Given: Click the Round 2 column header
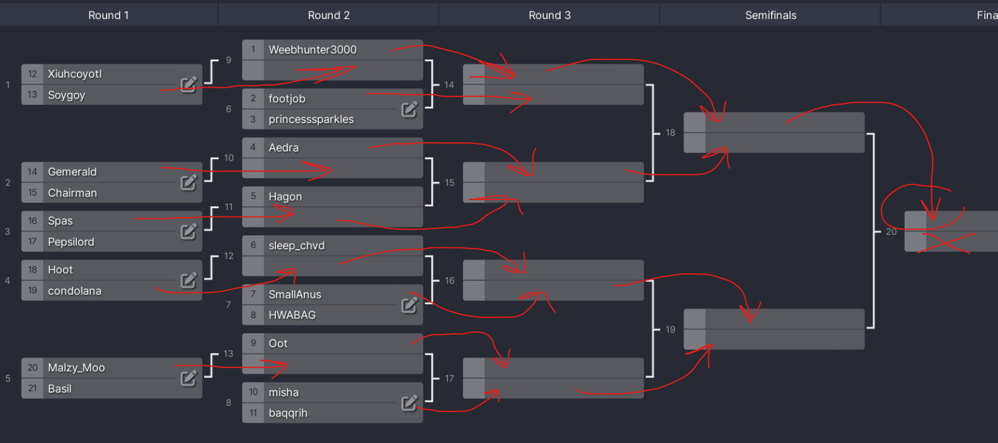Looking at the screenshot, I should [x=328, y=15].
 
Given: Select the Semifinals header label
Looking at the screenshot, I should [x=771, y=15].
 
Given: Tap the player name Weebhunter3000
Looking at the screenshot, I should [x=313, y=50].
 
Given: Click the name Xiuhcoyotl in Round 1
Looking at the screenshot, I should [x=74, y=74].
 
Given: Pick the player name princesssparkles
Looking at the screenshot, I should [x=311, y=119].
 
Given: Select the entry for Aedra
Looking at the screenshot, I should [x=284, y=148].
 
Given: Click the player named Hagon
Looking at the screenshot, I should [x=285, y=197].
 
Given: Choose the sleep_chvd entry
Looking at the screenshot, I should [x=296, y=245].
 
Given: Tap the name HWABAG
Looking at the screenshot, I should [x=292, y=315].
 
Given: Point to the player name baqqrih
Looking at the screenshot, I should [x=288, y=413].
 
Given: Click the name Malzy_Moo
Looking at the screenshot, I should [x=76, y=368].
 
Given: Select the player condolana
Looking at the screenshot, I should [x=74, y=291].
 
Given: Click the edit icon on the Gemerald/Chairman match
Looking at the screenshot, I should [x=188, y=182].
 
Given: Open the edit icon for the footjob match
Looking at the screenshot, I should [x=409, y=109].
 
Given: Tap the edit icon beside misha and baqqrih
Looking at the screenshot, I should [x=409, y=403].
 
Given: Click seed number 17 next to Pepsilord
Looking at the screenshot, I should [x=32, y=242].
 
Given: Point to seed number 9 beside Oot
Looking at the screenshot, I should [x=253, y=343].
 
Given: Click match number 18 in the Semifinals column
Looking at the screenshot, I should [x=670, y=133].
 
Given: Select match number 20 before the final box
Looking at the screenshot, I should [x=891, y=232].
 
